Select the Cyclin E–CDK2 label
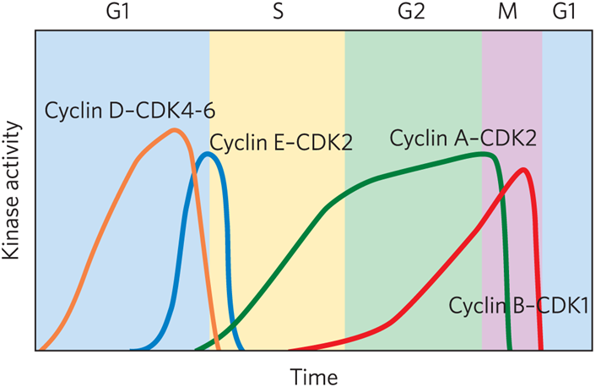[280, 143]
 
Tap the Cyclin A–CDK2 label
[463, 138]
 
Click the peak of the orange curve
[175, 129]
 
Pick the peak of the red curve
[523, 169]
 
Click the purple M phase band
[512, 84]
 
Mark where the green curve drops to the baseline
[510, 347]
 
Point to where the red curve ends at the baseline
[540, 347]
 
